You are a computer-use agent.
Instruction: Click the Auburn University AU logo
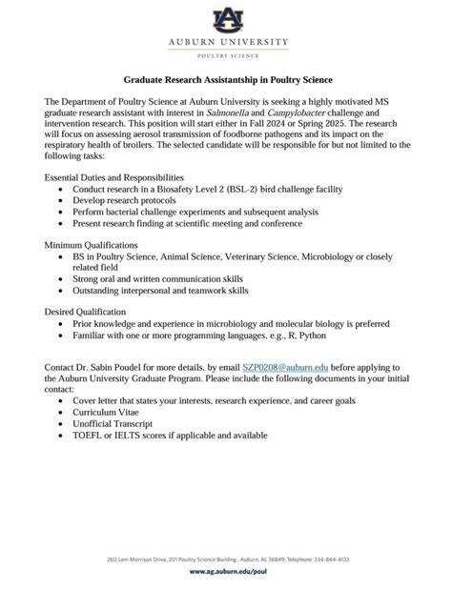click(226, 19)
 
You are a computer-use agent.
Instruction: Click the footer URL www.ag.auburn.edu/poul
click(226, 575)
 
